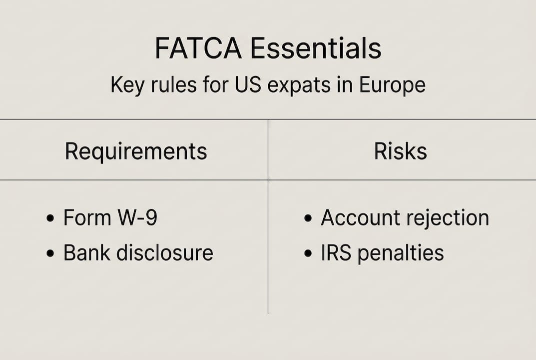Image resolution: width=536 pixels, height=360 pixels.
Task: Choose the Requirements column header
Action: tap(136, 151)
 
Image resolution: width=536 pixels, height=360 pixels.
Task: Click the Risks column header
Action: tap(401, 151)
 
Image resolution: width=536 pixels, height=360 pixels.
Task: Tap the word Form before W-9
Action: tap(86, 218)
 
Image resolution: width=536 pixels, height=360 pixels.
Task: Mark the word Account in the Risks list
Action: tap(361, 218)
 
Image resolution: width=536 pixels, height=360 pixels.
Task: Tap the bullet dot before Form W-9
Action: tap(50, 219)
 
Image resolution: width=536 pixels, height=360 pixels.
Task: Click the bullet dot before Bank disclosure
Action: tap(50, 254)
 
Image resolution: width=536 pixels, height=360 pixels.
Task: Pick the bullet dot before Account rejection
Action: tap(308, 219)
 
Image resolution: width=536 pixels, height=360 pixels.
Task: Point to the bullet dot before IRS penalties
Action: tap(308, 254)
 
